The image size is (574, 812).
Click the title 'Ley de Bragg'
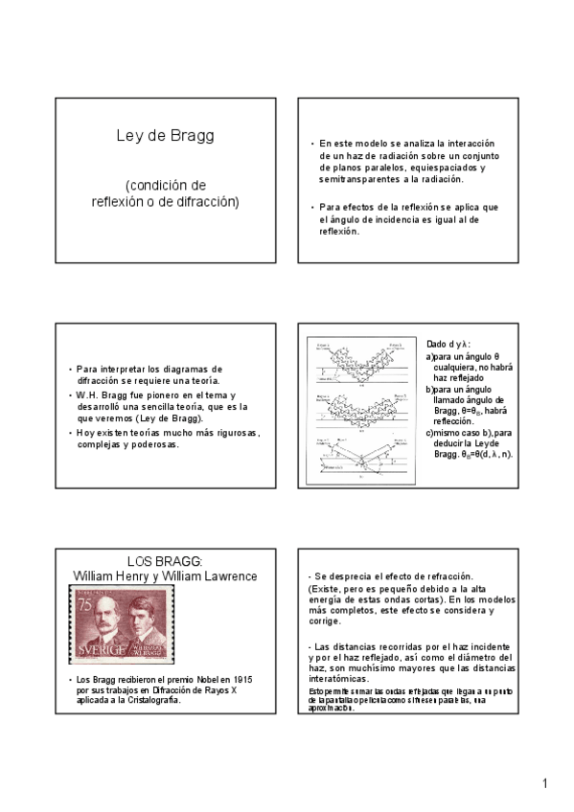point(172,136)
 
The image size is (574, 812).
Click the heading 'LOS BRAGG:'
point(172,562)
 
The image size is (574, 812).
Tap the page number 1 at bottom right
point(544,784)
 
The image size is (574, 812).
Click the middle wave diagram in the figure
point(363,406)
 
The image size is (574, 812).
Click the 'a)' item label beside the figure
point(430,357)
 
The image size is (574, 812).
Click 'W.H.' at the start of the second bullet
point(85,395)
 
